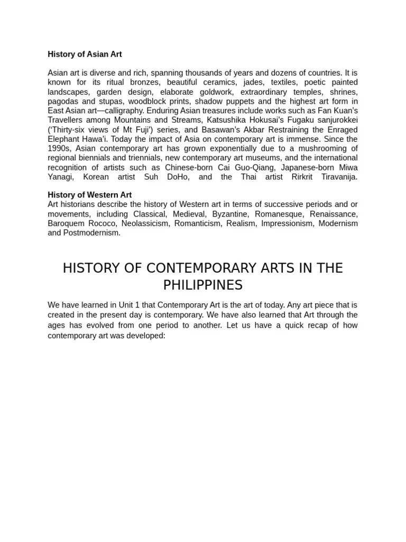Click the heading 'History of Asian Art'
85,54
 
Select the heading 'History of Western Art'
89,195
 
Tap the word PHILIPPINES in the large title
202,285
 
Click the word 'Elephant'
63,139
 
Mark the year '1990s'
59,149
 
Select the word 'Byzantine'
229,214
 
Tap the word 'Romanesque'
278,214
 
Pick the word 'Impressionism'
289,223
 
